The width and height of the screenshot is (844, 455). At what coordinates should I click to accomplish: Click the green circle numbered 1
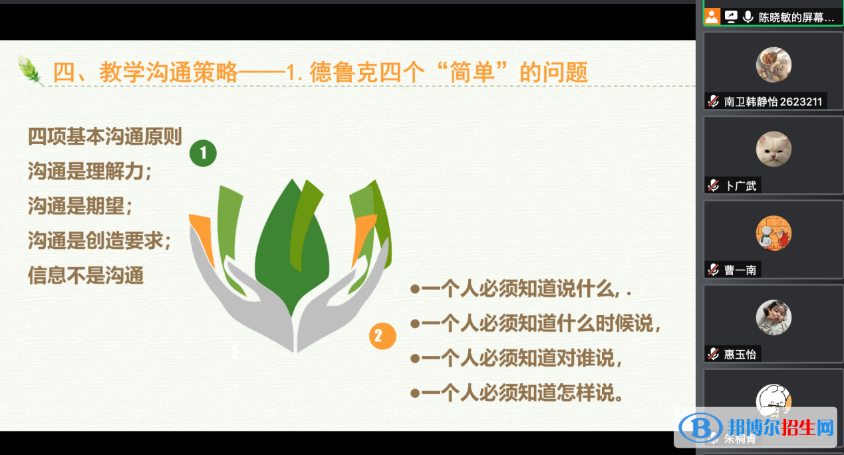point(203,153)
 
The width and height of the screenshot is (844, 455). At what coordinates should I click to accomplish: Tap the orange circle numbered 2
point(382,336)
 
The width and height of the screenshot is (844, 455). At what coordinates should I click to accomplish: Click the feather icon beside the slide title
point(30,71)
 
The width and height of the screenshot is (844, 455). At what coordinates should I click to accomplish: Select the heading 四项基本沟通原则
point(105,136)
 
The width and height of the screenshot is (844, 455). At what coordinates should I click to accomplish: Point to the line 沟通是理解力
point(90,171)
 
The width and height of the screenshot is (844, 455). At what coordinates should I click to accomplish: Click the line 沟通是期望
point(80,206)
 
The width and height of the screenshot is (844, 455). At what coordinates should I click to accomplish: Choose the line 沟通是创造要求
point(100,240)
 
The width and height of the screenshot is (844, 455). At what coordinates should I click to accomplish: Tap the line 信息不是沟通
point(86,275)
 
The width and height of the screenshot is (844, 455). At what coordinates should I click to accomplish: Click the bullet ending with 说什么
point(521,289)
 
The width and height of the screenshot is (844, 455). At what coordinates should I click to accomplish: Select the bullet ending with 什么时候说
point(536,323)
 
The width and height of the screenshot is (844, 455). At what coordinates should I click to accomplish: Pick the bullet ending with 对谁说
point(516,358)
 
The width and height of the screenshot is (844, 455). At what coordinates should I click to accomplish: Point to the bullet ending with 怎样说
point(517,393)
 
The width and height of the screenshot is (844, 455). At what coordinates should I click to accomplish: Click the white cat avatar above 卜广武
point(774,149)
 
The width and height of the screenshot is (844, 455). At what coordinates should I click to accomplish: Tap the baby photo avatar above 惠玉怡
point(774,318)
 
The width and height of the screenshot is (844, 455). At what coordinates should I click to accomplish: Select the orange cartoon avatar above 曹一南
point(774,233)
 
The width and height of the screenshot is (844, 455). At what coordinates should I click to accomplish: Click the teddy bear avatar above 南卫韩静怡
point(774,64)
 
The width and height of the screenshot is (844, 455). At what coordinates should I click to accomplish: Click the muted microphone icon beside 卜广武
point(713,185)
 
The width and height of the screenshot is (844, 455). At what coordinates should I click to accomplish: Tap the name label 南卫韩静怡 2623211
point(773,102)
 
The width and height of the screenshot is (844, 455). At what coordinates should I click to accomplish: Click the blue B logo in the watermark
point(700,428)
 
